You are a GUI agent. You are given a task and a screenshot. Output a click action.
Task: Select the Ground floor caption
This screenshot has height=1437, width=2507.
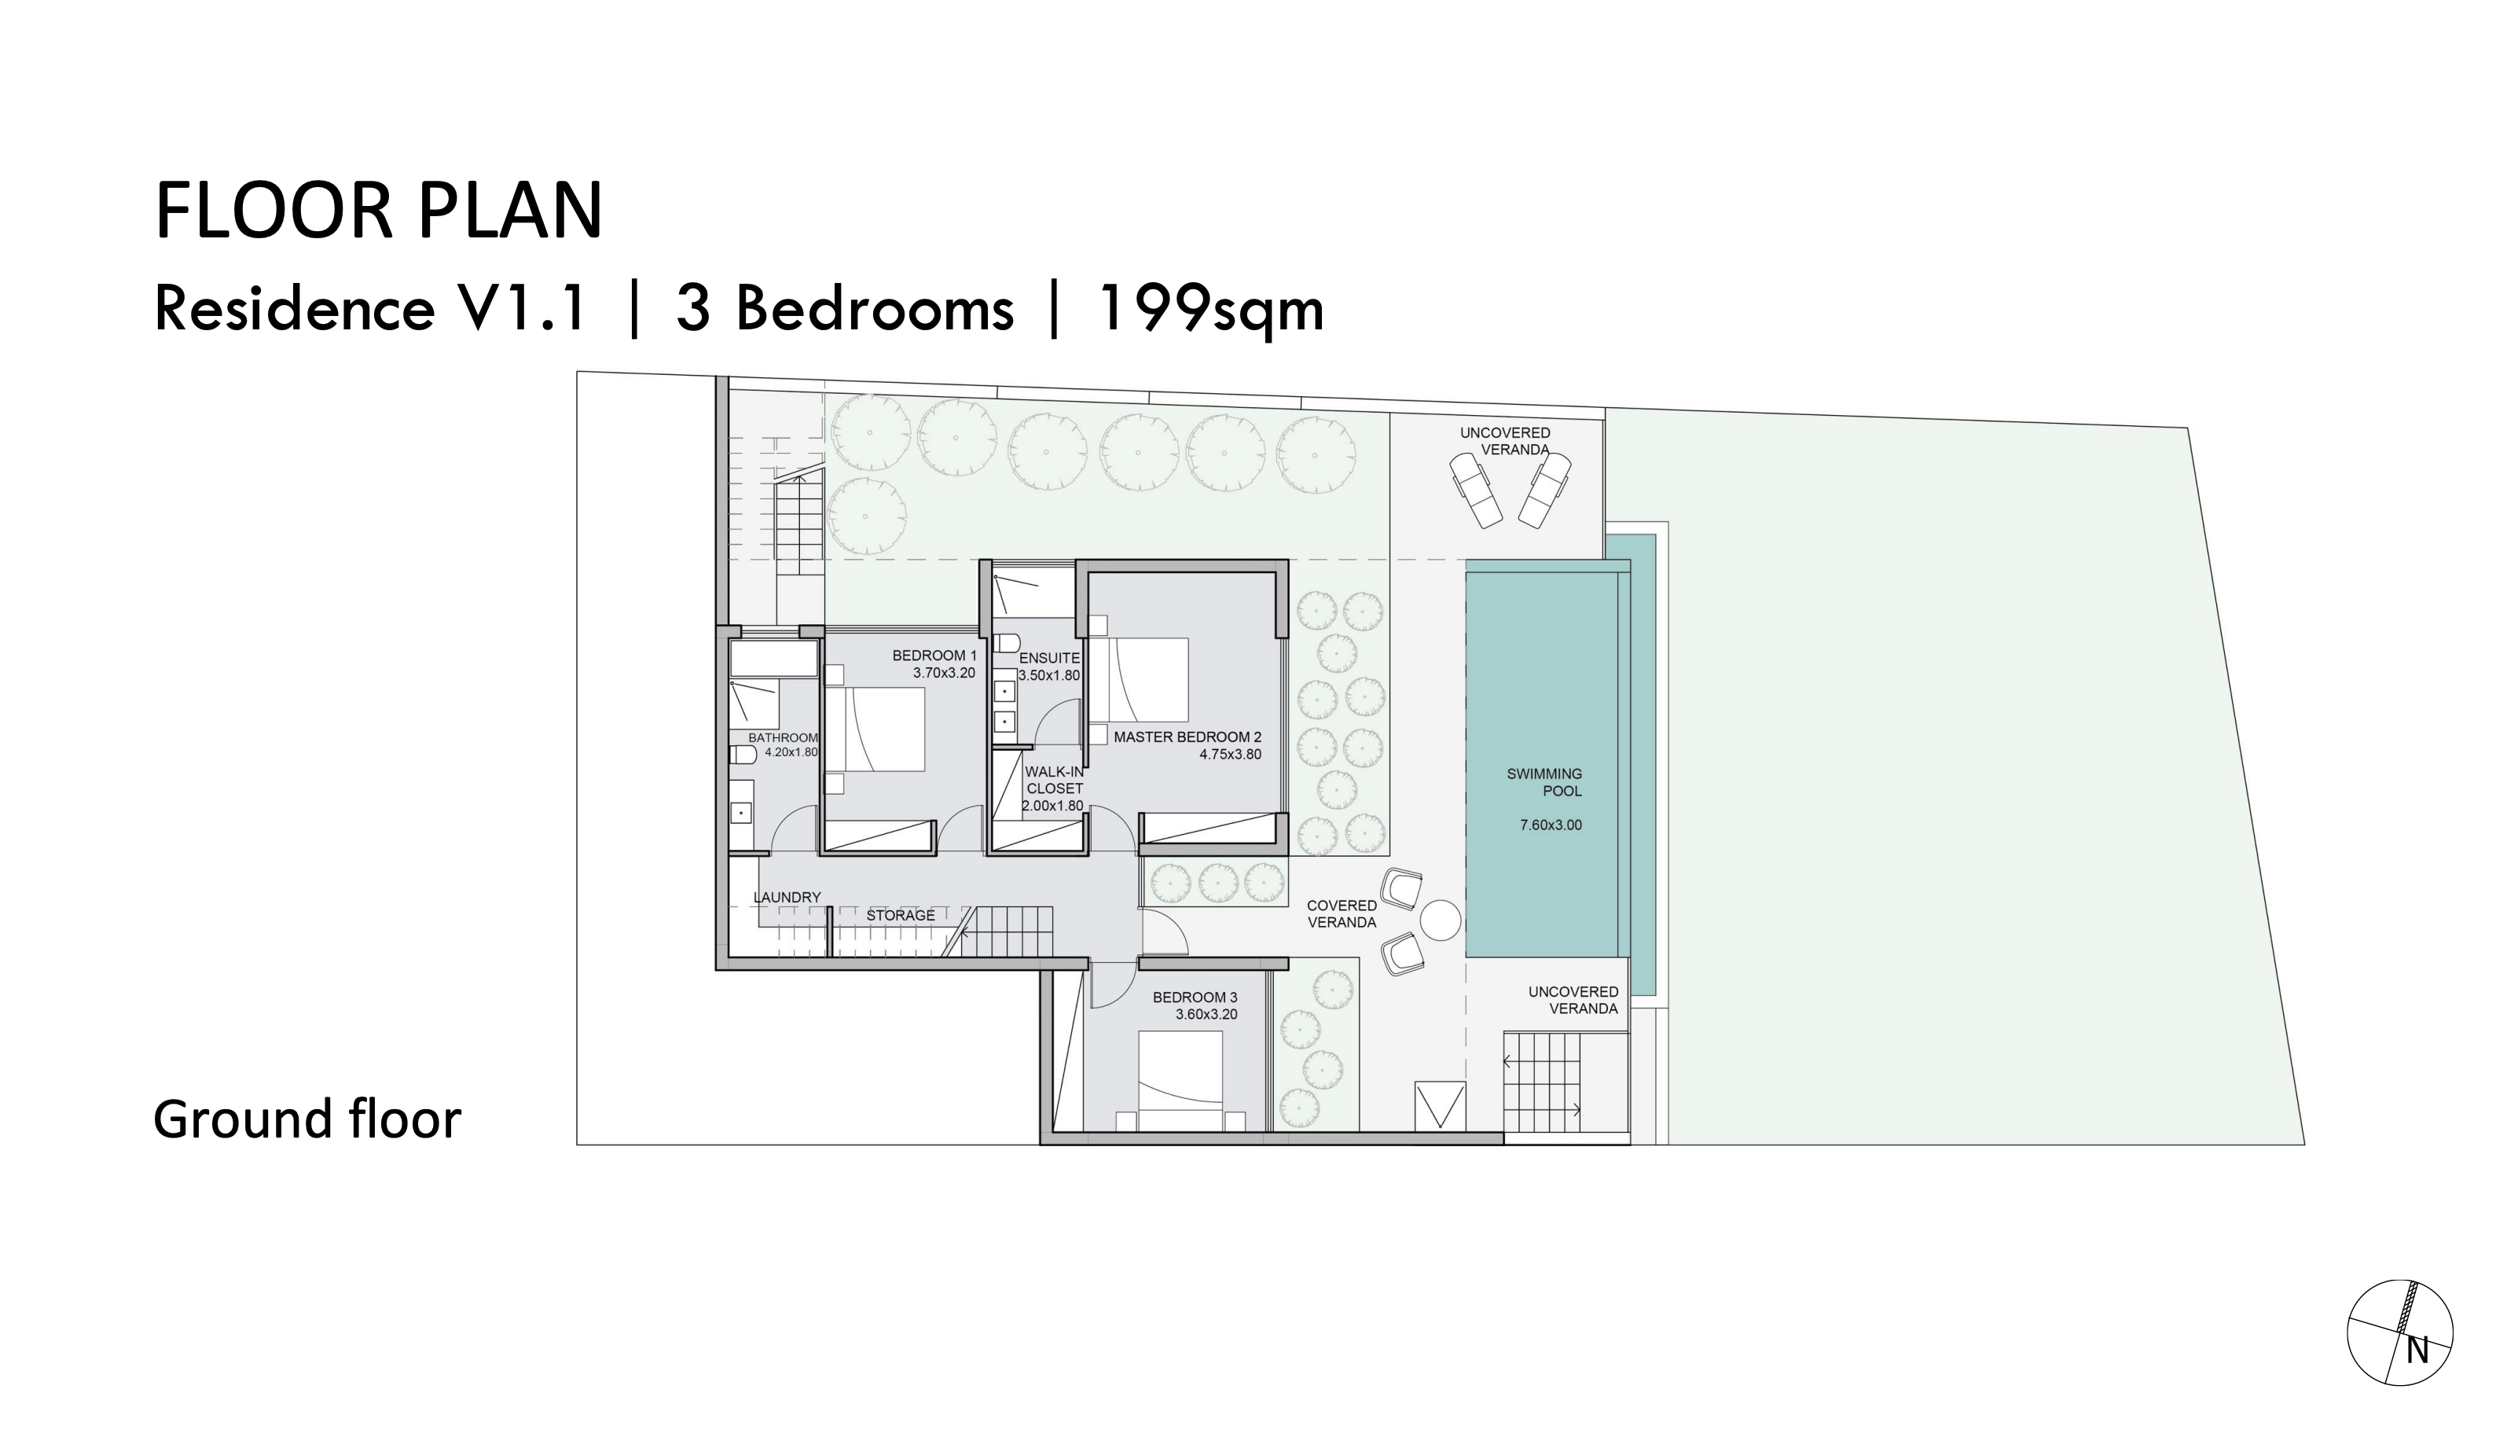click(x=306, y=1119)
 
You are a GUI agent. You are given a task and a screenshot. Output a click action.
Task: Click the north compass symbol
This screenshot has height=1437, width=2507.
click(x=2399, y=1332)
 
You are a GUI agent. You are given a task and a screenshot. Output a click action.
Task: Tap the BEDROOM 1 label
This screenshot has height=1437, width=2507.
click(x=934, y=656)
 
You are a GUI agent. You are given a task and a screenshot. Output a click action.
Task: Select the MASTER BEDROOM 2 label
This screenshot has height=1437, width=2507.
click(x=1187, y=737)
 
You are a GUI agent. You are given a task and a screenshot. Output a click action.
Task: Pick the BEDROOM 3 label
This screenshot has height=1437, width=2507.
click(x=1195, y=998)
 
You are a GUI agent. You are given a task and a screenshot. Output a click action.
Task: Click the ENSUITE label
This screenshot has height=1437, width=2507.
click(x=1049, y=658)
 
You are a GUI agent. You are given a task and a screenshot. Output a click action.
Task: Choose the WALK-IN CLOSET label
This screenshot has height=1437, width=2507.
click(x=1054, y=781)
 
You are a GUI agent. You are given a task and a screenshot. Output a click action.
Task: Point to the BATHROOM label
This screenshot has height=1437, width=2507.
click(x=783, y=737)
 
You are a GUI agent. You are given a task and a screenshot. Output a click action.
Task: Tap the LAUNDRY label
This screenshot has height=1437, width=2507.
click(x=787, y=897)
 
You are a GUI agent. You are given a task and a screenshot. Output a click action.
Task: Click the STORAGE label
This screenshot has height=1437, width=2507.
click(x=900, y=916)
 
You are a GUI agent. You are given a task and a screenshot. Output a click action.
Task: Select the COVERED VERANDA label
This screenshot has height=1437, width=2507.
click(x=1341, y=914)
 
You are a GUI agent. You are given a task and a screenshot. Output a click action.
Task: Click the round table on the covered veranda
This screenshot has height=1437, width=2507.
click(x=1440, y=921)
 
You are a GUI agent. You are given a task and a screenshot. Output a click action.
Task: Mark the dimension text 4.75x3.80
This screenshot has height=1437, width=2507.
click(x=1230, y=755)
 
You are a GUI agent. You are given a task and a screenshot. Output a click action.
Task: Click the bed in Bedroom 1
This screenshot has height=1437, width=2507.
click(x=874, y=730)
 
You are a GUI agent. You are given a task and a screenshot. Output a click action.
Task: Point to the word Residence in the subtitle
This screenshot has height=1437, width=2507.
click(x=294, y=309)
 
